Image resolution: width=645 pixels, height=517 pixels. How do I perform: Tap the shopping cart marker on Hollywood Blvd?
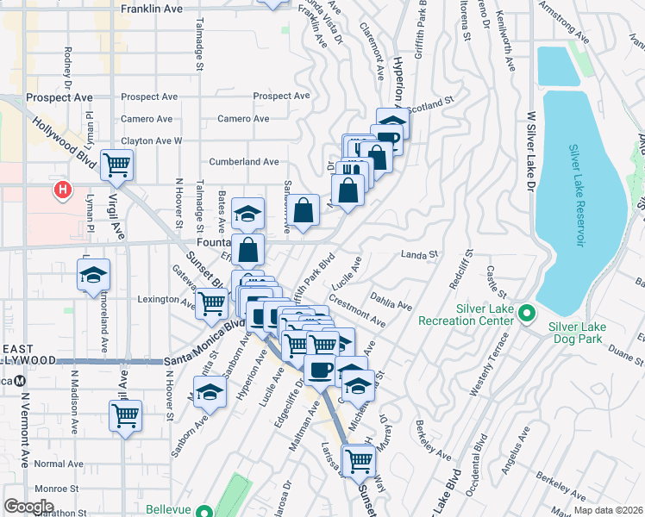116,164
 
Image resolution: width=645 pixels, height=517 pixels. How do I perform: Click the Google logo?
28,506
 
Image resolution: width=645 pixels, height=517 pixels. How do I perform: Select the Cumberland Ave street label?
244,161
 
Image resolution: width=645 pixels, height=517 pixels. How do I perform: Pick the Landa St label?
421,254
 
